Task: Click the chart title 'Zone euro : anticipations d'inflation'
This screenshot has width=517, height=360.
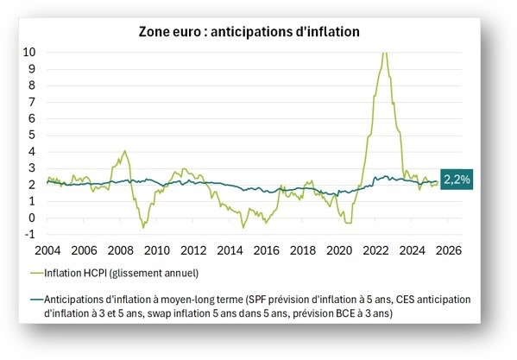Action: pyautogui.click(x=249, y=31)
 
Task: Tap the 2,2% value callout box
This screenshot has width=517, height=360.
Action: pyautogui.click(x=457, y=180)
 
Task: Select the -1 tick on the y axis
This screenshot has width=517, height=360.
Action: pyautogui.click(x=29, y=234)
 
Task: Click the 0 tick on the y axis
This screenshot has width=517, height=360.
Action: pyautogui.click(x=33, y=218)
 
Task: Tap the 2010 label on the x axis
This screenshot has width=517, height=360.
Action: pyautogui.click(x=155, y=250)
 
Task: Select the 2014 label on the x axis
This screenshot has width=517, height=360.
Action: pyautogui.click(x=229, y=250)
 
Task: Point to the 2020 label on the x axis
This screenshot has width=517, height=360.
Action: pyautogui.click(x=338, y=250)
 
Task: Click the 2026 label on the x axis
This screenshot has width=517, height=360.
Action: pyautogui.click(x=448, y=250)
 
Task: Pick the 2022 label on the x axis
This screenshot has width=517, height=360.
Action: pyautogui.click(x=375, y=250)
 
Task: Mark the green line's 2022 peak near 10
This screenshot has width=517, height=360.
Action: pyautogui.click(x=384, y=53)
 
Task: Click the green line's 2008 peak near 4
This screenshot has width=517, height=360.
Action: pyautogui.click(x=125, y=151)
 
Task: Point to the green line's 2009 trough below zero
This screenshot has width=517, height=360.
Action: pyautogui.click(x=143, y=227)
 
